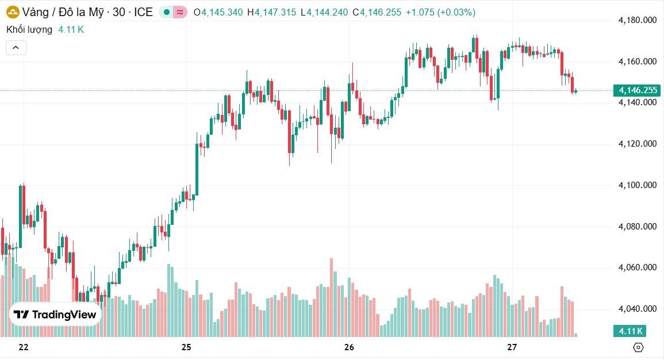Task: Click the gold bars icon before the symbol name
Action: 13,12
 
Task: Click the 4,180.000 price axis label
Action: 637,20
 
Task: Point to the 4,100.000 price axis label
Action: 637,185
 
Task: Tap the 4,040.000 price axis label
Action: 637,309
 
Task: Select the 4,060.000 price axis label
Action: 637,267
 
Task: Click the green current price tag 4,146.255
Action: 637,90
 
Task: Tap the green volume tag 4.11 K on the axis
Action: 630,331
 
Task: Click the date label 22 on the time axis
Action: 24,347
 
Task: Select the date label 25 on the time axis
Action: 186,347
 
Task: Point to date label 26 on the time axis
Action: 349,347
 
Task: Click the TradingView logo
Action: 55,315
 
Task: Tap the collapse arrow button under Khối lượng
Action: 16,48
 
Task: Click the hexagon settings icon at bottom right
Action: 638,347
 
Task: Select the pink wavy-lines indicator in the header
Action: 180,12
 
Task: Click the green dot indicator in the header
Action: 167,12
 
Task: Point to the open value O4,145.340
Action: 218,12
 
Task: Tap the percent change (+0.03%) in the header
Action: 456,12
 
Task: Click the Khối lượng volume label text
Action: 29,29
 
